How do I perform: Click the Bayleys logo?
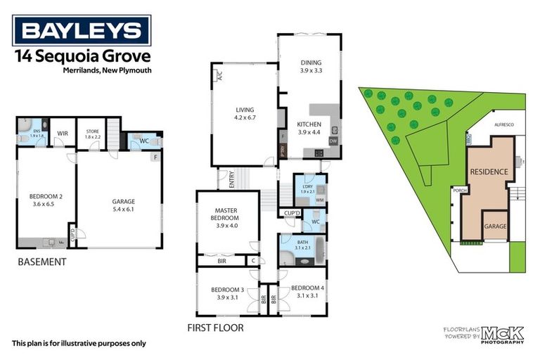point(82,31)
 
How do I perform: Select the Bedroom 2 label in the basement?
point(45,200)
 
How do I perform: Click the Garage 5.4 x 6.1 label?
point(123,205)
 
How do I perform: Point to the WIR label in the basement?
point(62,133)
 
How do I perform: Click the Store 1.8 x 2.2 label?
point(93,132)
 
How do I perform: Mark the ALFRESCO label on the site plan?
point(504,122)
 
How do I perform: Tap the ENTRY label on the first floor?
point(226,179)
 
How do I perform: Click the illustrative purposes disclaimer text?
point(79,344)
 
